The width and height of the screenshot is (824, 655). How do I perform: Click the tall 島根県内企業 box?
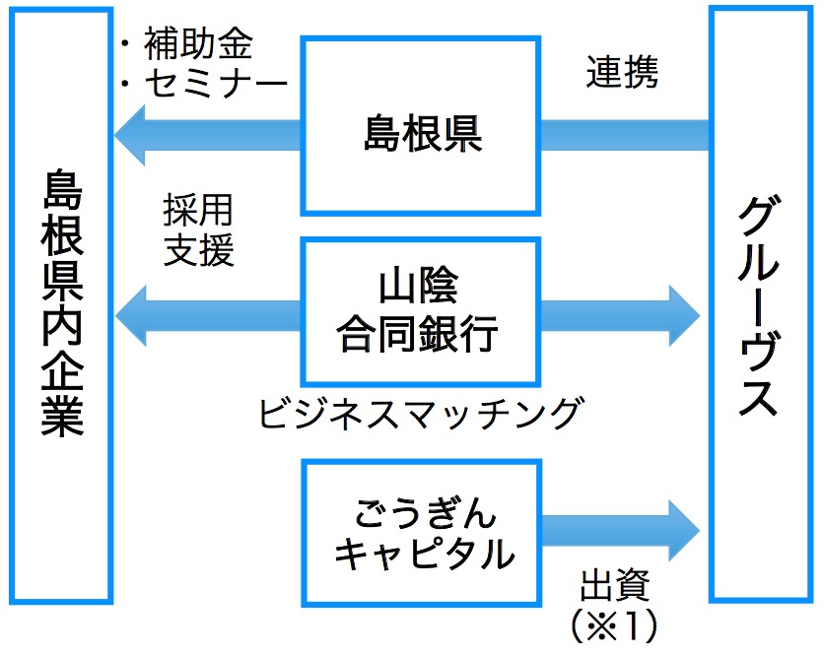point(61,305)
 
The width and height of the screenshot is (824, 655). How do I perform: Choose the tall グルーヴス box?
point(759,305)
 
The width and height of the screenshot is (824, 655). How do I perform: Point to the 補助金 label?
point(198,45)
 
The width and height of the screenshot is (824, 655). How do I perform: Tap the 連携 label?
point(622,73)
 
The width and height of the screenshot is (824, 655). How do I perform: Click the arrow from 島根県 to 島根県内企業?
point(207,134)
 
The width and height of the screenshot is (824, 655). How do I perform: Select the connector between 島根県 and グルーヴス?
point(625,134)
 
